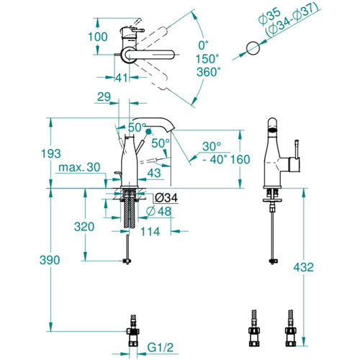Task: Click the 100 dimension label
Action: [x=98, y=37]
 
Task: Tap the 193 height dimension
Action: [x=50, y=153]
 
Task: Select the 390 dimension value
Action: [x=50, y=260]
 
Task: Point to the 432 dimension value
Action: [x=303, y=267]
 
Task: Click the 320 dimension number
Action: [x=84, y=227]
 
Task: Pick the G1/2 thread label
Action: [x=160, y=347]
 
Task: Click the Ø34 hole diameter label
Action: [x=166, y=198]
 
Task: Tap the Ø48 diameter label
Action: [x=158, y=211]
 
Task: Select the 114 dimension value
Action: [x=150, y=232]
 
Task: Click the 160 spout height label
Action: [x=240, y=159]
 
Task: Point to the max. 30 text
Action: [x=79, y=167]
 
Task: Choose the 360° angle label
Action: [x=209, y=72]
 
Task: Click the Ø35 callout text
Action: [x=269, y=16]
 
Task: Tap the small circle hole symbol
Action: [x=253, y=48]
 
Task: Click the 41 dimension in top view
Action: [x=122, y=78]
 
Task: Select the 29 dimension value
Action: [x=104, y=96]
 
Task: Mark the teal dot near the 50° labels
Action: [x=149, y=132]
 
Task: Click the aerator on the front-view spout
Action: [x=272, y=130]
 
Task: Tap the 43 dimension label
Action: [x=154, y=173]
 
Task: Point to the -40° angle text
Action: [x=215, y=159]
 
